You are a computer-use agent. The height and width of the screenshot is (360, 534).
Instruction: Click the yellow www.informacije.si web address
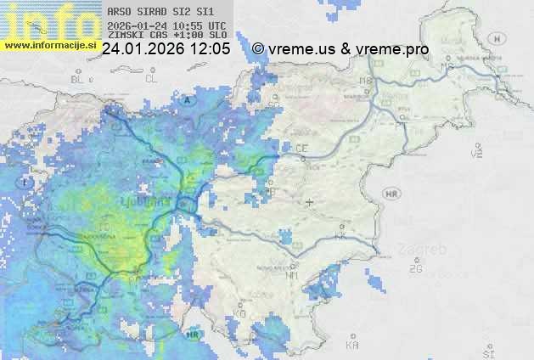pos(50,45)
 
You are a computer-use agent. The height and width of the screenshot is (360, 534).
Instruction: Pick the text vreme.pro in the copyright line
pos(396,49)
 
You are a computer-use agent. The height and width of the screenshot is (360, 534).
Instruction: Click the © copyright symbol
pos(258,49)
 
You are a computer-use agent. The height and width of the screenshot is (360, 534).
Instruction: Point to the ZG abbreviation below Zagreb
pos(415,268)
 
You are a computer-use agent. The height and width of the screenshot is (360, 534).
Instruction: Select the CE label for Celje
pos(301,148)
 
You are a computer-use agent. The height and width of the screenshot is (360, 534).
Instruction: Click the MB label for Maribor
pos(367,81)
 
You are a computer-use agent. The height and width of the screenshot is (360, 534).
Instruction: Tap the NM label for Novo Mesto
pos(293,275)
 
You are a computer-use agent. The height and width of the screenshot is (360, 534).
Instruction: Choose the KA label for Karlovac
pos(352,345)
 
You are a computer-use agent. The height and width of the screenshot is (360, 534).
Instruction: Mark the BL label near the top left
pos(79,79)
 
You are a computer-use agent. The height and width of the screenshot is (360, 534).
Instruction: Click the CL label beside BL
pos(151,78)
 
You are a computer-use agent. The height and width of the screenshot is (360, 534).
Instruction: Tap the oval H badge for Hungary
pos(502,39)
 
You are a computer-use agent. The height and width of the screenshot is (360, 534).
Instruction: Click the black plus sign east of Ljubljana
pos(309,202)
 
